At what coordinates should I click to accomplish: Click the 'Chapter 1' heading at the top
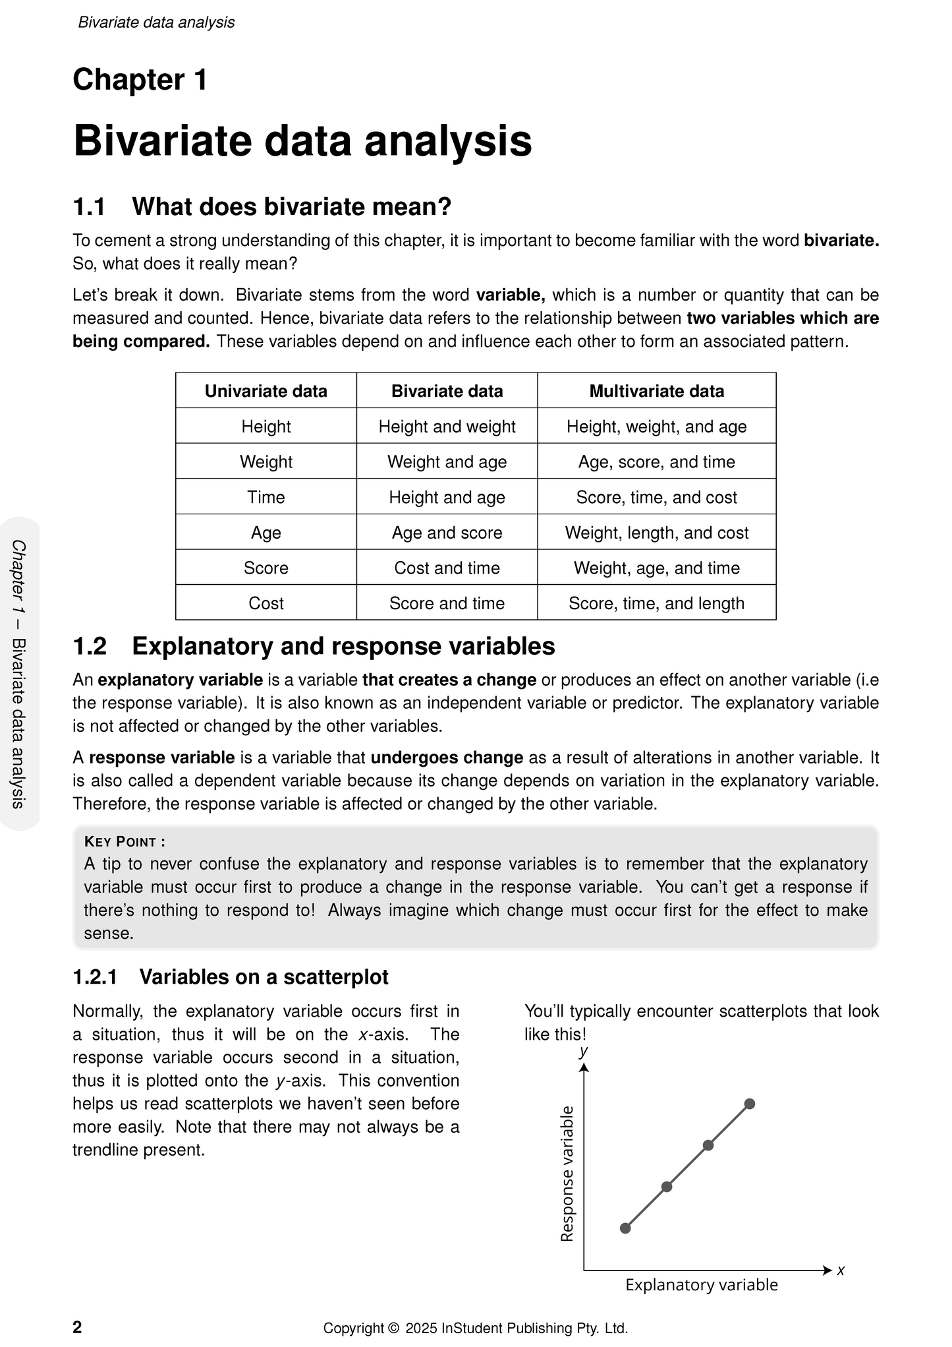tap(140, 80)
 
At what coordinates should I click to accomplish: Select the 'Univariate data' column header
tap(266, 391)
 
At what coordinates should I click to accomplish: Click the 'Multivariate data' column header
tap(656, 391)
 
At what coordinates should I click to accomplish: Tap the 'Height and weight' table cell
tap(447, 427)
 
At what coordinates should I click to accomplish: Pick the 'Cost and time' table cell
tap(447, 568)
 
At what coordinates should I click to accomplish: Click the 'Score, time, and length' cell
tap(656, 603)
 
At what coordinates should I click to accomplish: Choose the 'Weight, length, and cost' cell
tap(656, 533)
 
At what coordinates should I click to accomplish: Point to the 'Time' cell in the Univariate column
tap(266, 497)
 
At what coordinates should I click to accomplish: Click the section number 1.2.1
tap(95, 977)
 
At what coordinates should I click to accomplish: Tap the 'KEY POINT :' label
tap(125, 841)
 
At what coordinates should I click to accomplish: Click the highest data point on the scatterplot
tap(749, 1104)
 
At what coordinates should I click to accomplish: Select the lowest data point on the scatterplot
tap(625, 1228)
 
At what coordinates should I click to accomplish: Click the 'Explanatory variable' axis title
tap(701, 1285)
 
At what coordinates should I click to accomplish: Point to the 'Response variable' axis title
tap(567, 1174)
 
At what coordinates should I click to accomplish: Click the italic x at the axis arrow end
tap(841, 1270)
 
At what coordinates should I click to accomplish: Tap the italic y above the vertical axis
tap(583, 1051)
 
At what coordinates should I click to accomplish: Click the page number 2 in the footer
tap(77, 1327)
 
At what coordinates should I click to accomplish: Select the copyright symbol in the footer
tap(394, 1329)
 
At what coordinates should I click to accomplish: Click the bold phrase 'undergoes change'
tap(447, 758)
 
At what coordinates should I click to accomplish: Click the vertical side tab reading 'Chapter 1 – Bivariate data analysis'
tap(19, 673)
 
